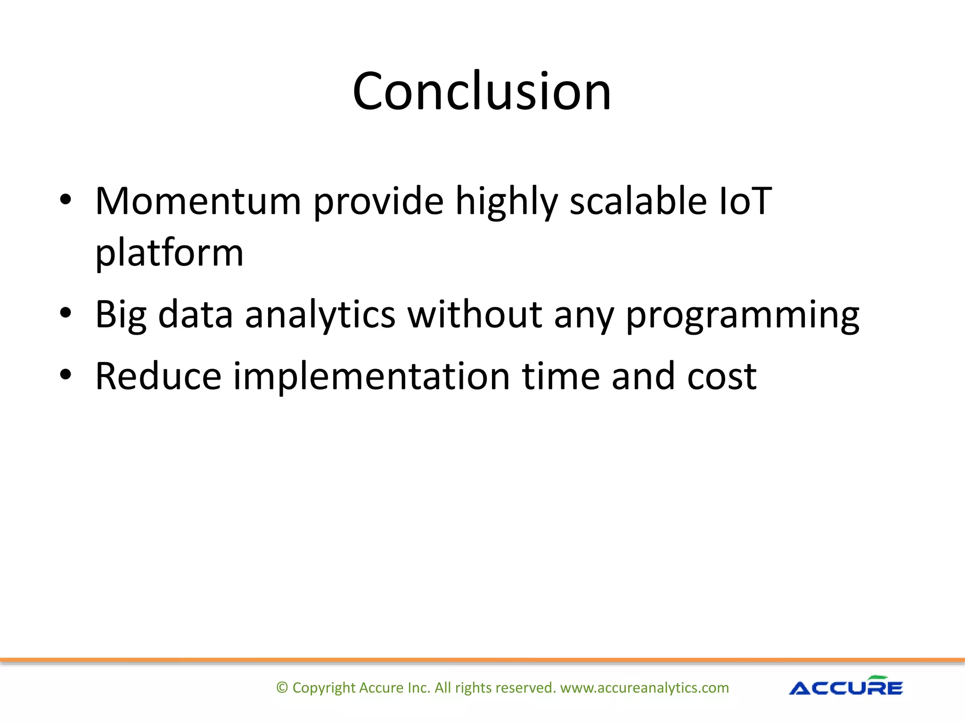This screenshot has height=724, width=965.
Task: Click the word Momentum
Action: [x=198, y=201]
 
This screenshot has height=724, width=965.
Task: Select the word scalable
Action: [x=638, y=201]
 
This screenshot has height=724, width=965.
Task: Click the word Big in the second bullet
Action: [x=121, y=315]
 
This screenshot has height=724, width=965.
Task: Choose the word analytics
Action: [x=320, y=315]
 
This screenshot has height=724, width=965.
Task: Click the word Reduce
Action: [x=158, y=376]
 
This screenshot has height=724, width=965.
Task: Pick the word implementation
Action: [x=372, y=376]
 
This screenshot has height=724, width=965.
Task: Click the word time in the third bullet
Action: [x=560, y=376]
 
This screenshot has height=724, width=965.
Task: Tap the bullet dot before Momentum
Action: [x=65, y=200]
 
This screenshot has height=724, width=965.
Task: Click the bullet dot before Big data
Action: [x=65, y=313]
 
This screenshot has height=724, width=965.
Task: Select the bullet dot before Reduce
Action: [x=65, y=375]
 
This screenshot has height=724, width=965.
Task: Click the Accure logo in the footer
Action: [x=846, y=686]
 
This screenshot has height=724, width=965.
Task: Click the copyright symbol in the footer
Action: [x=282, y=688]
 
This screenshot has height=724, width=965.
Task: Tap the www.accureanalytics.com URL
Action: [x=644, y=688]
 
